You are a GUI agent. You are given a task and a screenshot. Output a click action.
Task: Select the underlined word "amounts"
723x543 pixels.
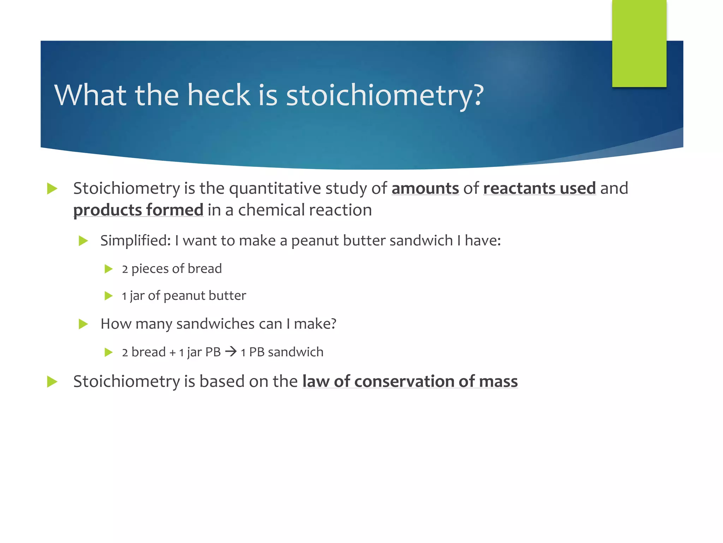[x=425, y=188]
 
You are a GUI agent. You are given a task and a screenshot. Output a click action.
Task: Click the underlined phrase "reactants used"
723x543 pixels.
[x=539, y=188]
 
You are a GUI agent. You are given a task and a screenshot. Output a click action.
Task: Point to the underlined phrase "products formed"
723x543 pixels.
[x=138, y=210]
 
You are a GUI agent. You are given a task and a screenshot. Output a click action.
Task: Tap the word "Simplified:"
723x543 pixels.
[x=136, y=240]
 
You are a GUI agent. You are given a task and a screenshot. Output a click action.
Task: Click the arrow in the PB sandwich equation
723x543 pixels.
[x=231, y=352]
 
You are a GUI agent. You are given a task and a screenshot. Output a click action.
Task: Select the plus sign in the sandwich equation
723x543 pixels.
[x=173, y=353]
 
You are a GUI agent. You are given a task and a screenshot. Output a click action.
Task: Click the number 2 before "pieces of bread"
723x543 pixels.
[x=125, y=269]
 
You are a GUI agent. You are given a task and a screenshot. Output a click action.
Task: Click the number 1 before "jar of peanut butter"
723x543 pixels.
[x=124, y=296]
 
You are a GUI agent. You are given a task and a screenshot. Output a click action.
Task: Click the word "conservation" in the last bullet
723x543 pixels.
[x=404, y=381]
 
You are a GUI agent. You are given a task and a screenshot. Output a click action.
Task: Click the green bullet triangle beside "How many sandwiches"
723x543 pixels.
[x=83, y=324]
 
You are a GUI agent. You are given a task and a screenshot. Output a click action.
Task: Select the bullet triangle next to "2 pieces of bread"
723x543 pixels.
[x=108, y=269]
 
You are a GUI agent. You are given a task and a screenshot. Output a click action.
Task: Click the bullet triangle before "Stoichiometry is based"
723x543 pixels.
[x=52, y=382]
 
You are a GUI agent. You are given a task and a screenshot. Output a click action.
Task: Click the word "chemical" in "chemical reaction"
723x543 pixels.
[x=271, y=210]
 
